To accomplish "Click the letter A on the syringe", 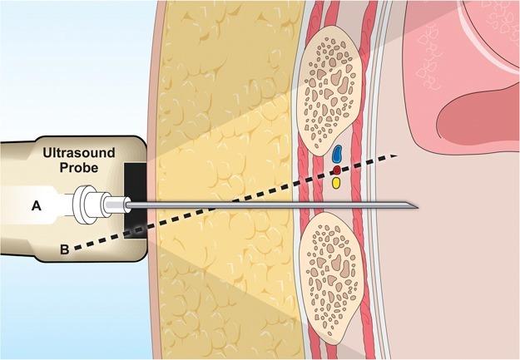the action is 36,206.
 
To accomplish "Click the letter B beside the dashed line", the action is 65,249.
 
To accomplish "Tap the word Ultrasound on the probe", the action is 79,153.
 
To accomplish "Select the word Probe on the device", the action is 79,167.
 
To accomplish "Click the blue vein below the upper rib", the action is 337,153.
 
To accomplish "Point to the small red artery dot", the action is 337,170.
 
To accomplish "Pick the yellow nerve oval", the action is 336,183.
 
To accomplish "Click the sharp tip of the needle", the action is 418,208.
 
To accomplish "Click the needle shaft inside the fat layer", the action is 225,205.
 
